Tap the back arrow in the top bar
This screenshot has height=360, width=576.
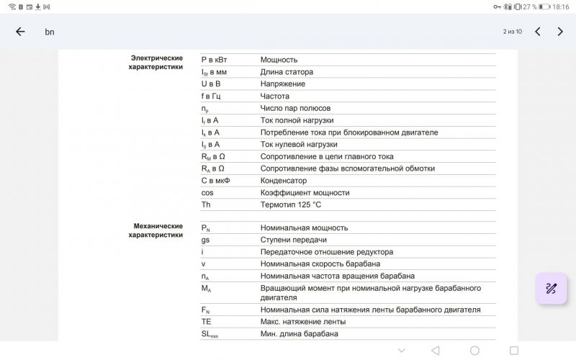pyautogui.click(x=20, y=32)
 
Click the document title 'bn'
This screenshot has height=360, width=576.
pyautogui.click(x=50, y=32)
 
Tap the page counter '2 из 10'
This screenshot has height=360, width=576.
pyautogui.click(x=512, y=32)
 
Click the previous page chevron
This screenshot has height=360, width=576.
pyautogui.click(x=537, y=32)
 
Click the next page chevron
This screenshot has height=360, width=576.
pyautogui.click(x=560, y=32)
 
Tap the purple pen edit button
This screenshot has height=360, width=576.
pyautogui.click(x=551, y=289)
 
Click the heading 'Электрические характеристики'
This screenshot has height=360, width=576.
pyautogui.click(x=156, y=63)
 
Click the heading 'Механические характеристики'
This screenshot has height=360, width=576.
pyautogui.click(x=156, y=230)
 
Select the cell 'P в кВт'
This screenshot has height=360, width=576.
pyautogui.click(x=214, y=60)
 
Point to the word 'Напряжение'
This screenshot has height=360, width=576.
pyautogui.click(x=282, y=84)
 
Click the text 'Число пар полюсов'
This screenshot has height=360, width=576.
pyautogui.click(x=295, y=108)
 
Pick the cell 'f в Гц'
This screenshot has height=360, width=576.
pyautogui.click(x=211, y=96)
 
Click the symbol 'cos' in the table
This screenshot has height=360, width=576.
pyautogui.click(x=207, y=193)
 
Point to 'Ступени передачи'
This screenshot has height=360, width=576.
pyautogui.click(x=293, y=240)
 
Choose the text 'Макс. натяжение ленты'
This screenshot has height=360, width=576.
pyautogui.click(x=302, y=322)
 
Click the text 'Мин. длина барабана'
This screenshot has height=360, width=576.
pyautogui.click(x=299, y=334)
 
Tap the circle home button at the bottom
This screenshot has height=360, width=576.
pyautogui.click(x=474, y=351)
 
